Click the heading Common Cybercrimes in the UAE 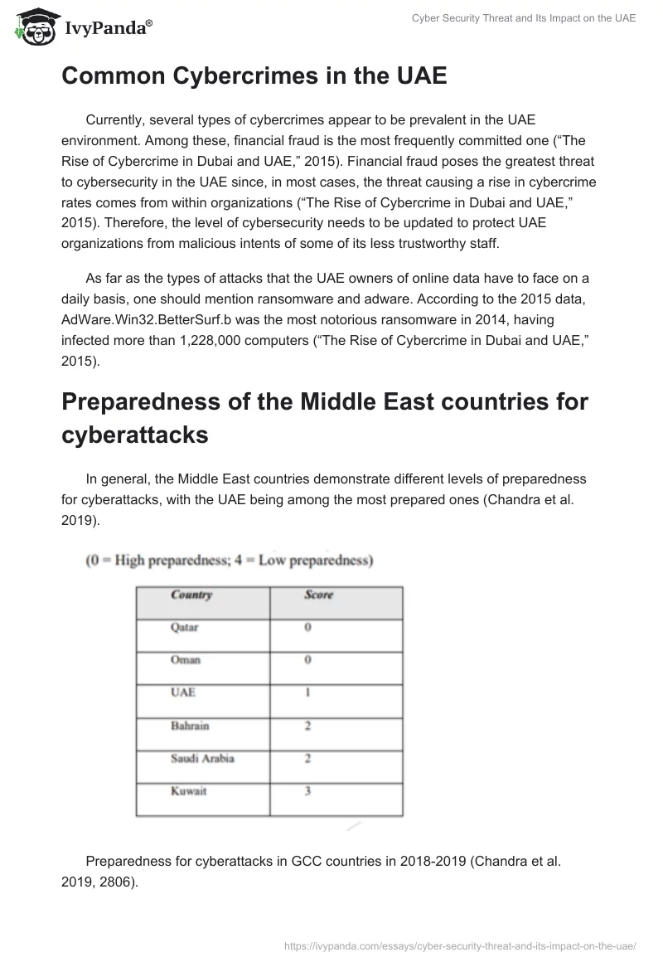pyautogui.click(x=254, y=76)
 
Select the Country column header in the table pyautogui.click(x=191, y=595)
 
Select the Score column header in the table pyautogui.click(x=318, y=595)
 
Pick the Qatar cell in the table pyautogui.click(x=185, y=628)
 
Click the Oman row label pyautogui.click(x=186, y=660)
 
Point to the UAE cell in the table pyautogui.click(x=183, y=692)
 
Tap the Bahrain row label pyautogui.click(x=190, y=726)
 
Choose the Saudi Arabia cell pyautogui.click(x=202, y=758)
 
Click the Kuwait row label pyautogui.click(x=189, y=790)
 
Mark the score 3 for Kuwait pyautogui.click(x=307, y=790)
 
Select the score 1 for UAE pyautogui.click(x=307, y=692)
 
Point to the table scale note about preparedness pyautogui.click(x=229, y=561)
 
